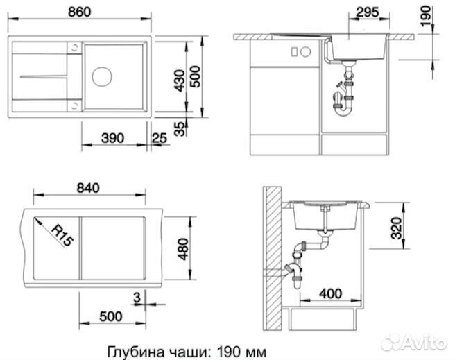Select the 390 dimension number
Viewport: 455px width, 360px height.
pyautogui.click(x=112, y=138)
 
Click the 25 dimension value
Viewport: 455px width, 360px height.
pyautogui.click(x=159, y=138)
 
